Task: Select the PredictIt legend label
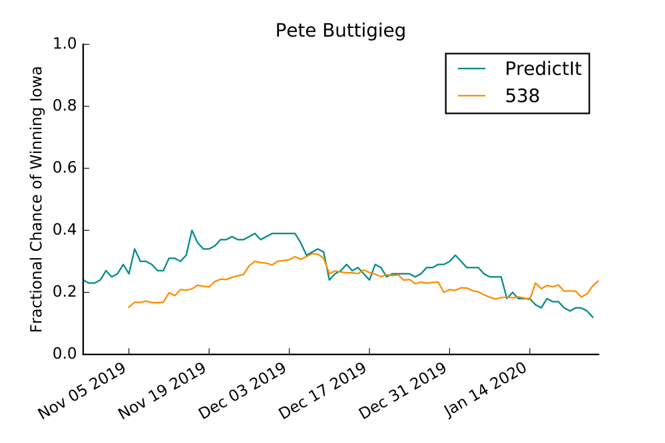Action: pyautogui.click(x=543, y=69)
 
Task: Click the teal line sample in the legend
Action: pyautogui.click(x=474, y=69)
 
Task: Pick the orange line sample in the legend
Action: pyautogui.click(x=474, y=96)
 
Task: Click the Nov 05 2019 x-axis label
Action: pyautogui.click(x=83, y=392)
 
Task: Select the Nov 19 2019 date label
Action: pyautogui.click(x=163, y=392)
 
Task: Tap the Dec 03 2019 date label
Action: pyautogui.click(x=243, y=392)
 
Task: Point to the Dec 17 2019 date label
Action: pyautogui.click(x=324, y=392)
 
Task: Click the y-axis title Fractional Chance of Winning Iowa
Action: pyautogui.click(x=37, y=199)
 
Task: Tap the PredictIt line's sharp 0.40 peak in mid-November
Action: pyautogui.click(x=192, y=230)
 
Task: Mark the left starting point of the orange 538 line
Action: pyautogui.click(x=128, y=307)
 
